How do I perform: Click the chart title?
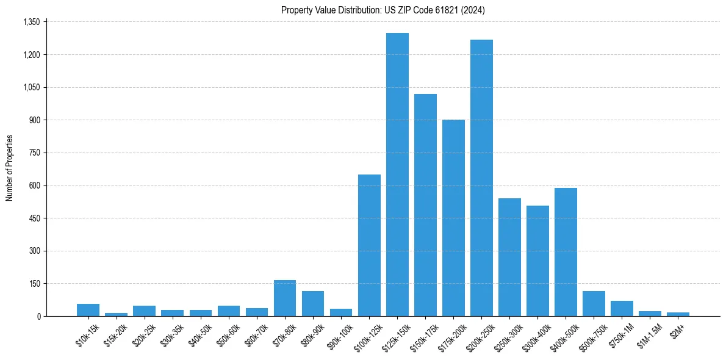[383, 10]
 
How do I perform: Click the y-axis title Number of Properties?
[10, 168]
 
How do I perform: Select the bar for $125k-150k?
[397, 175]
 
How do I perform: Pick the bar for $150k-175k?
[425, 205]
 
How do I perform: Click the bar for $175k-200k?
[453, 218]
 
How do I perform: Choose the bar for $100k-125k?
[369, 245]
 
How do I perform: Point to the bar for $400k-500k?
[566, 252]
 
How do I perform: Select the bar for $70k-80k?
[285, 298]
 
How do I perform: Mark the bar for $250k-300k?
[509, 257]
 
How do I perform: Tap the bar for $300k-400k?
[537, 261]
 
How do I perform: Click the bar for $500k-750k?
[594, 303]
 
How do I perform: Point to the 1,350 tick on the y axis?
[31, 22]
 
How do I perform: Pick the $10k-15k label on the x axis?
[87, 334]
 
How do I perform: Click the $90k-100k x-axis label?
[339, 335]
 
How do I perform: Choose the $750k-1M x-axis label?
[620, 334]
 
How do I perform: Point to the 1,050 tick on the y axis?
[31, 87]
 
